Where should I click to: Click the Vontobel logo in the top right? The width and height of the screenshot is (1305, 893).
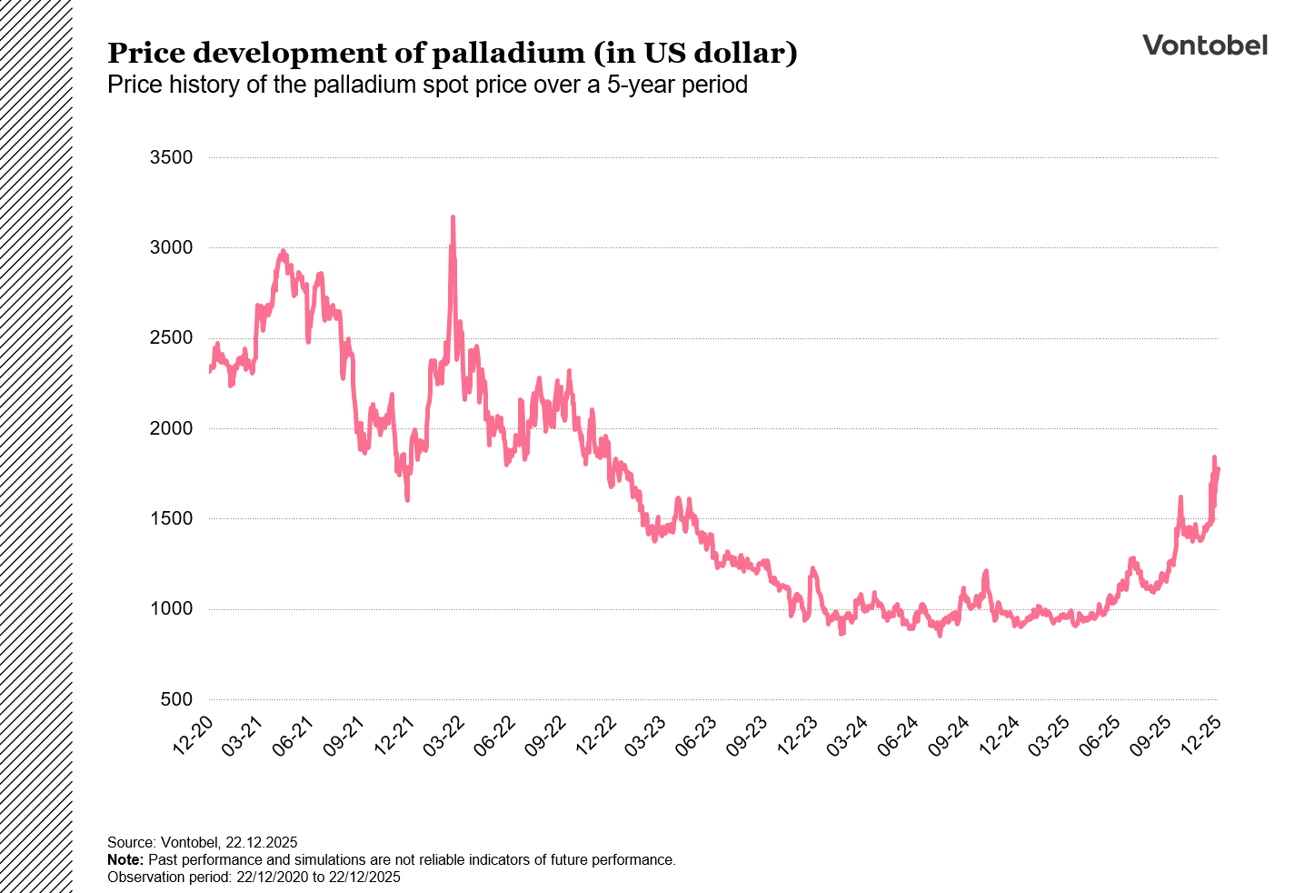point(1204,45)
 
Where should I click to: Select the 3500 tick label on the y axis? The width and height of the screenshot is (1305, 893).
point(171,158)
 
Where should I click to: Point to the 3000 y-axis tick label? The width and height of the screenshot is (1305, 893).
point(171,248)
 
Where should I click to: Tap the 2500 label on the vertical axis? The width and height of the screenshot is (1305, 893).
point(171,338)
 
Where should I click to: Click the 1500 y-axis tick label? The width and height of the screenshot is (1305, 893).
point(171,519)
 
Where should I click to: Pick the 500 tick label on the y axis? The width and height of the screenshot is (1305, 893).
point(176,699)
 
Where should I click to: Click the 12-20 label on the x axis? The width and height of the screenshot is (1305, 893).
point(194,735)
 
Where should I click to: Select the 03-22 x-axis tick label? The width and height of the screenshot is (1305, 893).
point(445,735)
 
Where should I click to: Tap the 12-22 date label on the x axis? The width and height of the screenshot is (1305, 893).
point(597,735)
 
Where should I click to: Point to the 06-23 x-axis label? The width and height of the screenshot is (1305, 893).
point(698,735)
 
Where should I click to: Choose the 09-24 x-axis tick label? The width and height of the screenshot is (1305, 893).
point(950,735)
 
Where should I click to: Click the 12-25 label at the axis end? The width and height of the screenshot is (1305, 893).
point(1202,735)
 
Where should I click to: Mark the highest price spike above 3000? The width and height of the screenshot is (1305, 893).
point(453,218)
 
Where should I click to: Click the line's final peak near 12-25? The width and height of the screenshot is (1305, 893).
point(1214,457)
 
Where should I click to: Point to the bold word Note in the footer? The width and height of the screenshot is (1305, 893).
point(125,860)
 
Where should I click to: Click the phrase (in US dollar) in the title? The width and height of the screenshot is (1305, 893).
point(695,54)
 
